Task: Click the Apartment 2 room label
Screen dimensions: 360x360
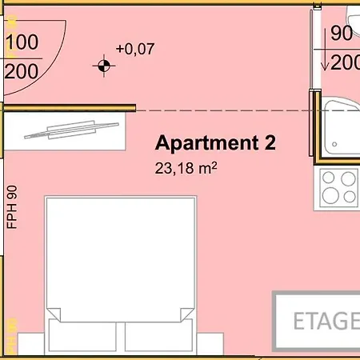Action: coord(215,143)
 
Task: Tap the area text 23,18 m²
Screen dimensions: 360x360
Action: coord(186,168)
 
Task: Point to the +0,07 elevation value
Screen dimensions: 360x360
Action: coord(135,49)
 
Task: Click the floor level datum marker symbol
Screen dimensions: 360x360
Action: coord(104,66)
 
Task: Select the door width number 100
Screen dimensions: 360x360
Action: coord(22,42)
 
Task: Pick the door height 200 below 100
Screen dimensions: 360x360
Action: coord(22,71)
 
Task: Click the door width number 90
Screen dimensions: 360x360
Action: coord(342,33)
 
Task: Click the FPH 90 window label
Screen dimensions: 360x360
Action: coord(12,207)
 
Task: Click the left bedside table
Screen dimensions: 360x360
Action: coord(31,344)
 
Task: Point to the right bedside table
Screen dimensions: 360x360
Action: coord(210,344)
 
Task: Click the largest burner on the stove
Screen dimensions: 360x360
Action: coord(330,195)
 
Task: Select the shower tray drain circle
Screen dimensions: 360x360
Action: coord(334,144)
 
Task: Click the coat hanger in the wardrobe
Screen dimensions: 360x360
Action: coord(71,130)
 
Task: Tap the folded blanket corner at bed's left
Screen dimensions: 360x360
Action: coord(54,314)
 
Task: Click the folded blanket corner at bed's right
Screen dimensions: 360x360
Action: coord(187,314)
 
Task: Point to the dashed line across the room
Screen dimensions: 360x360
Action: coord(223,110)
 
